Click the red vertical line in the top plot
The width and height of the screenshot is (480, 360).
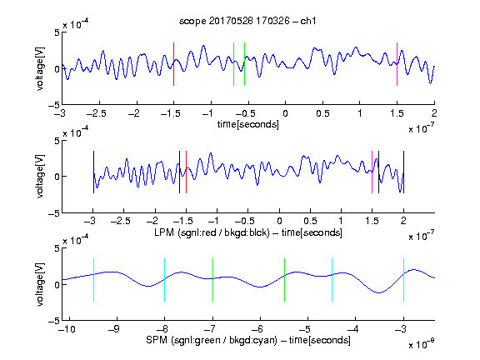click(x=173, y=64)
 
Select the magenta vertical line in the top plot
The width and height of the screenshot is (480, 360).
click(x=397, y=64)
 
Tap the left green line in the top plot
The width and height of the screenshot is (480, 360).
click(x=233, y=64)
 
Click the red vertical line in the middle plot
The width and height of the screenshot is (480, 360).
click(x=186, y=172)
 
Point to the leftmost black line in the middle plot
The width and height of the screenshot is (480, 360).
click(x=93, y=172)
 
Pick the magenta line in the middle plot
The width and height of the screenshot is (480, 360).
click(x=372, y=172)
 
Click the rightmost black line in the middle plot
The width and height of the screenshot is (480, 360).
click(x=403, y=172)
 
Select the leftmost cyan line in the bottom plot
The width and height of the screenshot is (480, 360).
click(x=93, y=280)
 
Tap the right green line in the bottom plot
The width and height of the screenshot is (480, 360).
click(x=284, y=280)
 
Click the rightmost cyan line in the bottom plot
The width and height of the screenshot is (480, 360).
click(x=403, y=280)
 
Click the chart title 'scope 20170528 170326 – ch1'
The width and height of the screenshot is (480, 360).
click(x=247, y=21)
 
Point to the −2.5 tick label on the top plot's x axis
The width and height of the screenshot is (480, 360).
click(x=96, y=113)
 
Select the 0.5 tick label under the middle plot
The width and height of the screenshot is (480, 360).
click(x=310, y=221)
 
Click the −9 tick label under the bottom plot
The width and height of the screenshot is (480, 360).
click(x=114, y=329)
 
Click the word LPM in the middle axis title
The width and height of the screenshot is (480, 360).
click(x=164, y=232)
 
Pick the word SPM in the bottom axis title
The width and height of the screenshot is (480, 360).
click(x=157, y=340)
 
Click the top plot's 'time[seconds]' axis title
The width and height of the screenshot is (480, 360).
click(x=248, y=124)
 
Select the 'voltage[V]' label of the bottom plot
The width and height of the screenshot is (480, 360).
click(x=40, y=284)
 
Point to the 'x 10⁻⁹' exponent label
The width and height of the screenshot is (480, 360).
click(x=422, y=344)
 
